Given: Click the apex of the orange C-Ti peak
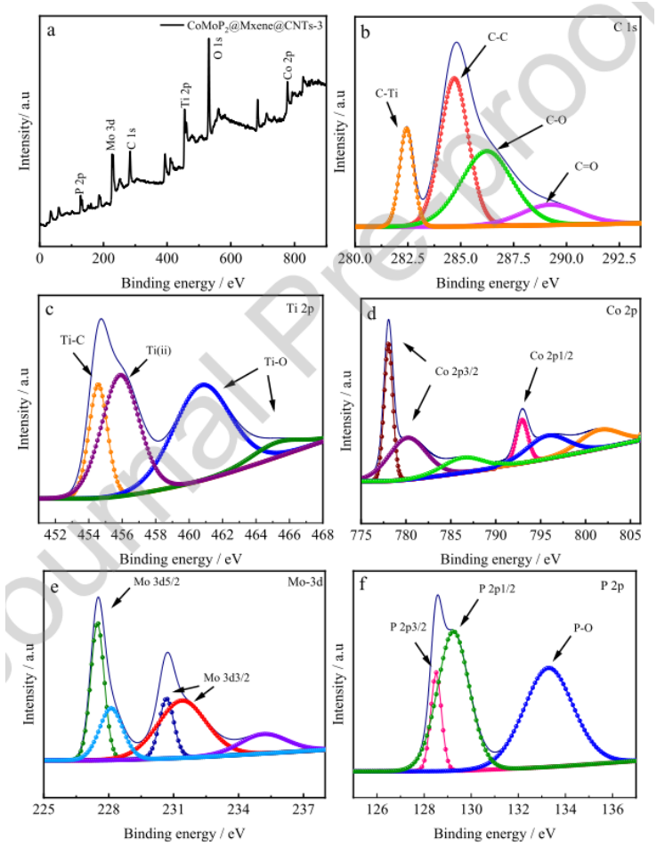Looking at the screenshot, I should [x=407, y=127].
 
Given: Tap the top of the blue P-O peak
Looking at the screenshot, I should [x=549, y=667].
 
